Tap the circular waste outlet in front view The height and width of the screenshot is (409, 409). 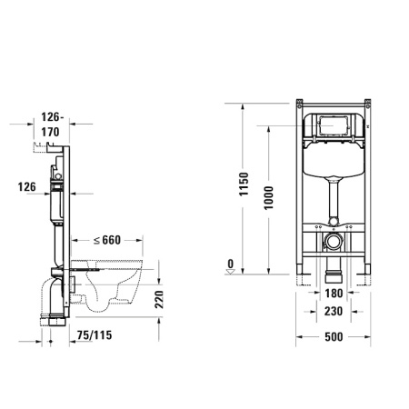tap(334, 244)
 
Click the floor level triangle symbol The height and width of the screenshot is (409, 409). tap(231, 270)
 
